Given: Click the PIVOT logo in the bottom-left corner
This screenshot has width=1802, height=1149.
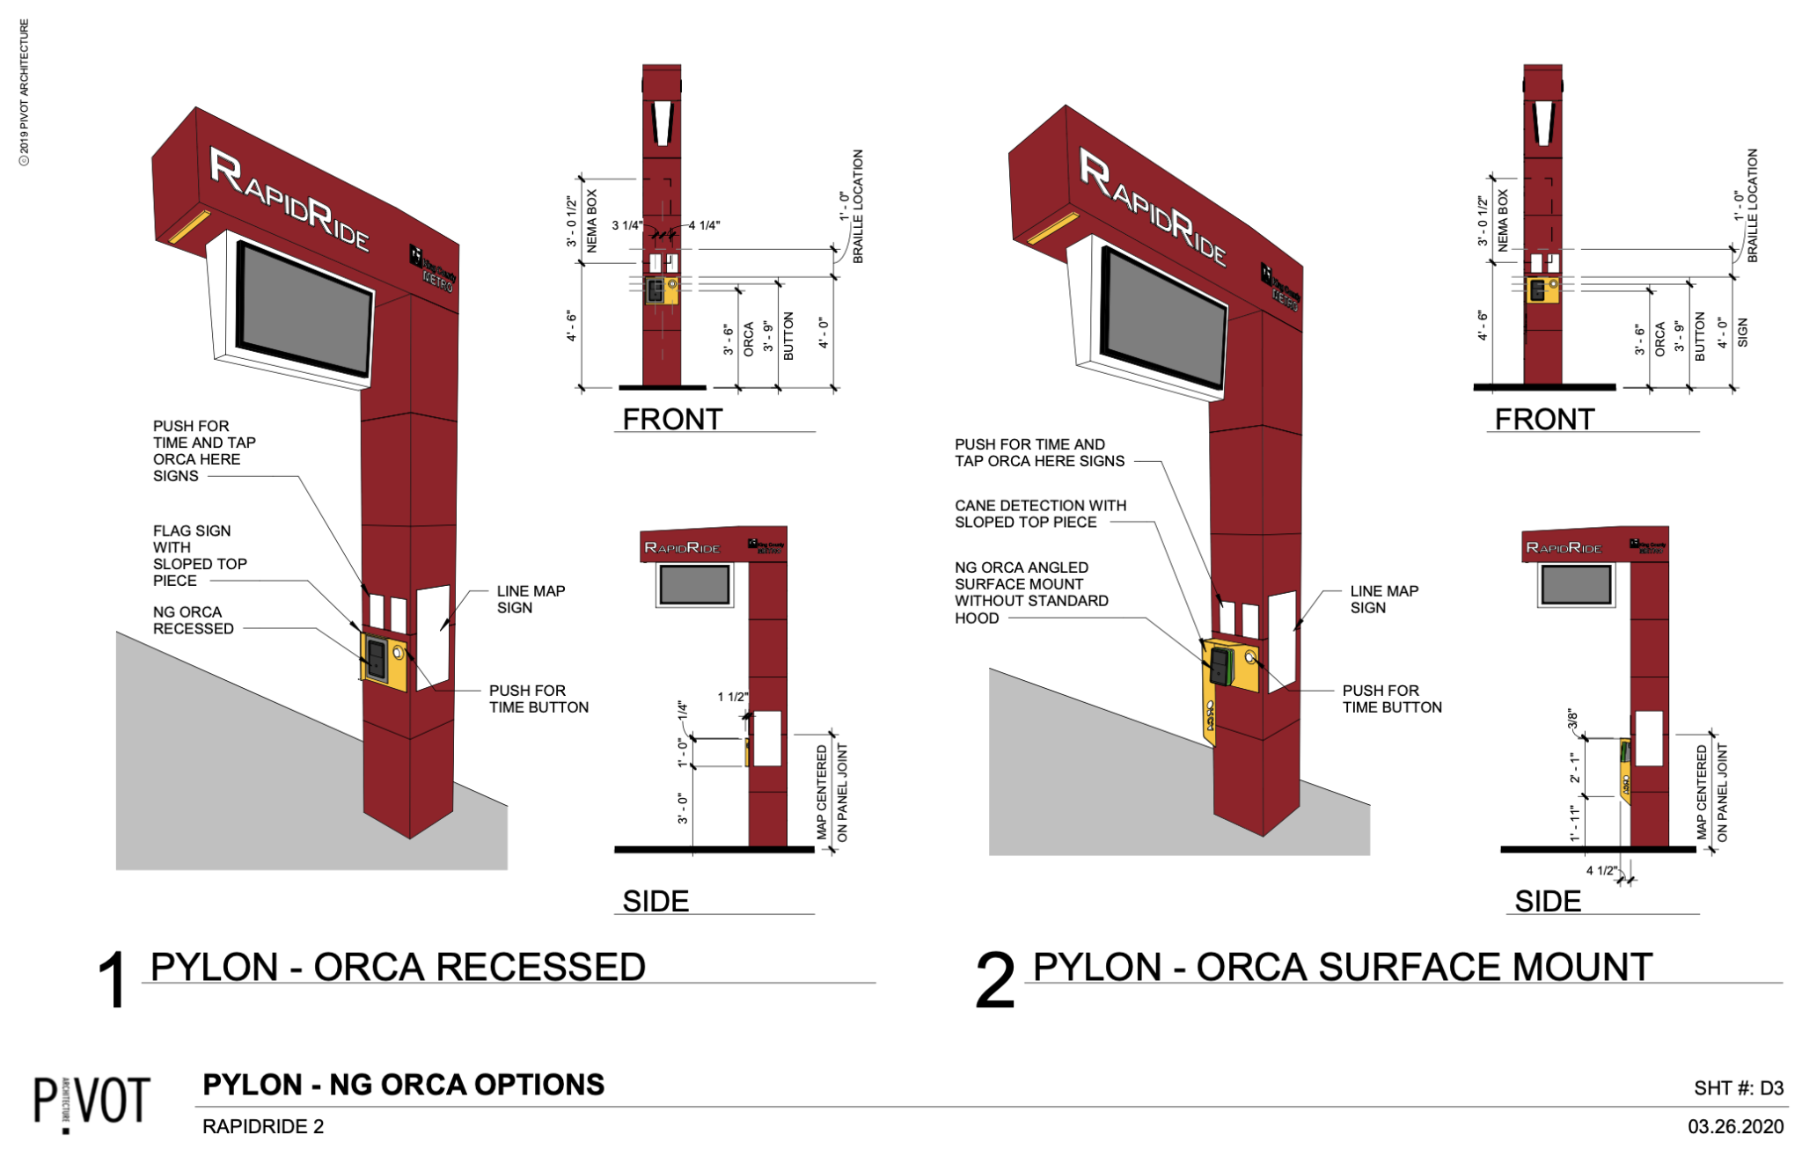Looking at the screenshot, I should click(x=92, y=1101).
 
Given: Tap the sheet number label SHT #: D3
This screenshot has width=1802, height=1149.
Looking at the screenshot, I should click(x=1738, y=1088).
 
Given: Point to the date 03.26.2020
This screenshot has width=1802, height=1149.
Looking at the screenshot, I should click(x=1735, y=1126).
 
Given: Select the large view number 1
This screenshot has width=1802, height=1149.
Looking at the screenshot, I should click(x=113, y=979).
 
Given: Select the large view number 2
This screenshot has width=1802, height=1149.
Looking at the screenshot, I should click(x=995, y=980).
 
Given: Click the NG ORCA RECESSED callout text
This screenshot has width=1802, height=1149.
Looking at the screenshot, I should click(x=194, y=620).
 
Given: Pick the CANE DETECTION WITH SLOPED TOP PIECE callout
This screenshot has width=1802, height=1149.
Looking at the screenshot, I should click(x=1040, y=514).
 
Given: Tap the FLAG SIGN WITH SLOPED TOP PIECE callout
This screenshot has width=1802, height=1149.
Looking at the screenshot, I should click(x=199, y=555).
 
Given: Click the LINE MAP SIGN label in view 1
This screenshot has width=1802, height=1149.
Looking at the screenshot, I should click(x=530, y=599).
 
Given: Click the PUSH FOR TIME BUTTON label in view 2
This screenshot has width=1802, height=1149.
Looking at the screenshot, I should click(x=1391, y=699).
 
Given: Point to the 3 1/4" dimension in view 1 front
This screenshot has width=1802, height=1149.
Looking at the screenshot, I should click(x=627, y=226).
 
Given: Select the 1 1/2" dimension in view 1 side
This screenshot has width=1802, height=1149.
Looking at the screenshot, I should click(x=732, y=697).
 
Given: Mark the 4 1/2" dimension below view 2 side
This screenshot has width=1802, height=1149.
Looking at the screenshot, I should click(x=1601, y=870).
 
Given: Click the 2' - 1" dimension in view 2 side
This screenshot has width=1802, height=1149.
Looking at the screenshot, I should click(x=1574, y=767).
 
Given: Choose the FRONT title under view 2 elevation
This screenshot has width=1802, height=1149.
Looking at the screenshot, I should click(x=1544, y=420).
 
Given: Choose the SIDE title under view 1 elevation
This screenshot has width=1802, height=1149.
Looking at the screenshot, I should click(x=656, y=901).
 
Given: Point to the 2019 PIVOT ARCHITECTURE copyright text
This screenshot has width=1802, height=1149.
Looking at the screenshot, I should click(x=25, y=92).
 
